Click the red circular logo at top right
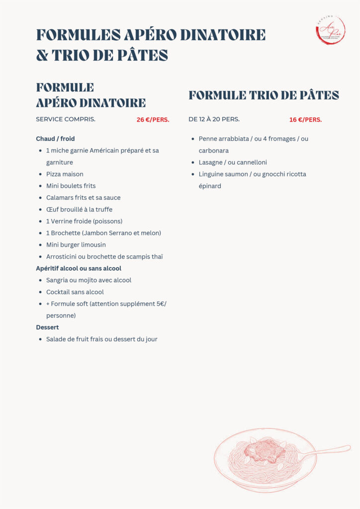(330, 30)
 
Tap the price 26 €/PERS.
(153, 119)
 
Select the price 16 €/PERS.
(305, 119)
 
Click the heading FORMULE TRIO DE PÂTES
(264, 95)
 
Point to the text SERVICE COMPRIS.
(66, 119)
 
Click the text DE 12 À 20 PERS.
(214, 119)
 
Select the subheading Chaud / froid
(55, 139)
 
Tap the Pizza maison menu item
(65, 174)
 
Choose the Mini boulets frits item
(71, 186)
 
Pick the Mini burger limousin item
(76, 245)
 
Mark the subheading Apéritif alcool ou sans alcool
(79, 268)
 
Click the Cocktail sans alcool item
(75, 292)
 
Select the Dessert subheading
(47, 327)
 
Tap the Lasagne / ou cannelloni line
(233, 162)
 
